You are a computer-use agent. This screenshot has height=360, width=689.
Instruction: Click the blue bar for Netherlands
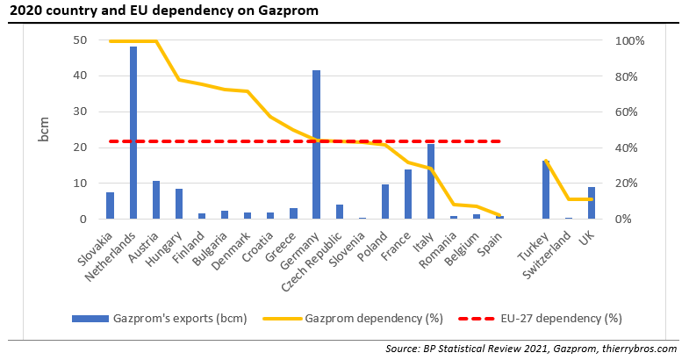133,133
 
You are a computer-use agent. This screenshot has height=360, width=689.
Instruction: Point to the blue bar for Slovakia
111,205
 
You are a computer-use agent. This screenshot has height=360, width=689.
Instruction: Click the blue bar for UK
592,203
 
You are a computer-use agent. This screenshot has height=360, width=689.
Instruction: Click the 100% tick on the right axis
630,41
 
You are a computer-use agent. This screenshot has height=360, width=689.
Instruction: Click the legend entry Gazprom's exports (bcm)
179,318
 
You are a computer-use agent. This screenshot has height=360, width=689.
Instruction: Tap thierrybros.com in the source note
640,349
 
